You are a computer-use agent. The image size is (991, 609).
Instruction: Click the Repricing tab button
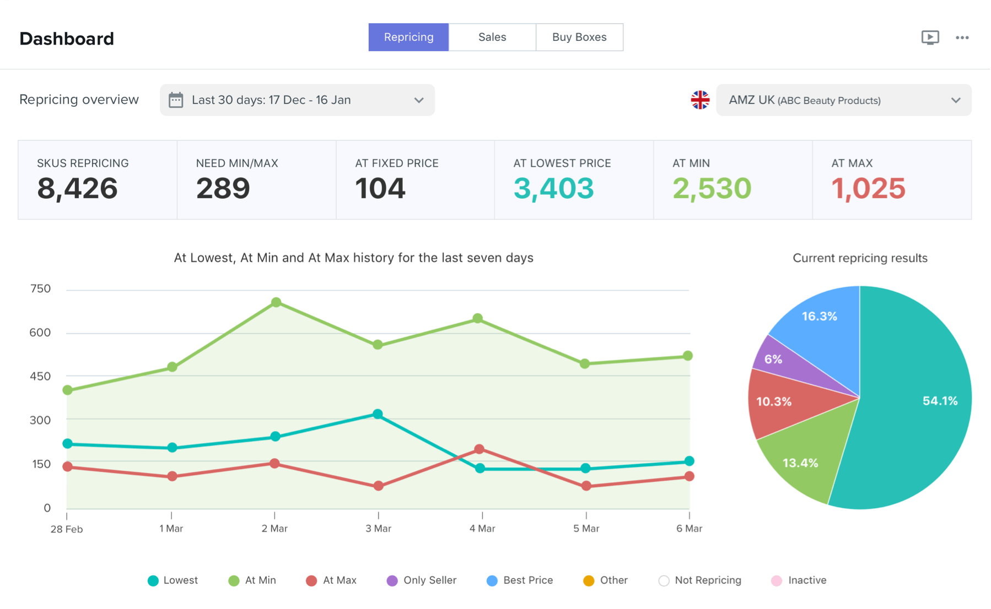[x=408, y=37]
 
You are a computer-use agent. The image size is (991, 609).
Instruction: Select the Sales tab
[x=492, y=37]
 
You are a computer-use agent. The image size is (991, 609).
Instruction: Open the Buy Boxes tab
[x=579, y=37]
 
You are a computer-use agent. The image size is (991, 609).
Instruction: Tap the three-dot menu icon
[x=962, y=37]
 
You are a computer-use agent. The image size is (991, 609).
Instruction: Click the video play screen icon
[x=930, y=37]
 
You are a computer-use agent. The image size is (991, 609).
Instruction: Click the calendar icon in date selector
[x=176, y=100]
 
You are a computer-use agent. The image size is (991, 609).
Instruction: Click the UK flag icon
[x=700, y=100]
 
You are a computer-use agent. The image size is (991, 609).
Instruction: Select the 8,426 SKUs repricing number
[x=77, y=188]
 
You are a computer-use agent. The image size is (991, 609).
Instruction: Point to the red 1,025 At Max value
[x=868, y=188]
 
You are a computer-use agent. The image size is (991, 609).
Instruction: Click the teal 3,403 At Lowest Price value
[x=553, y=188]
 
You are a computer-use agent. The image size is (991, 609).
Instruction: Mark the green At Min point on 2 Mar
[x=276, y=302]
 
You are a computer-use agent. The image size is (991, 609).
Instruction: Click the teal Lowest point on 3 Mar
[x=378, y=414]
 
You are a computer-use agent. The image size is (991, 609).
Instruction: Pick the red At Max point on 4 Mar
[x=479, y=449]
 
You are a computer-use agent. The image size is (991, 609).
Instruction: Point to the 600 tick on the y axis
[x=40, y=333]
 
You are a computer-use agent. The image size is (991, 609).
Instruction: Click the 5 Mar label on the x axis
[x=586, y=529]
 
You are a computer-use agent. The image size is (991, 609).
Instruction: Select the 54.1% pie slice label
[x=940, y=401]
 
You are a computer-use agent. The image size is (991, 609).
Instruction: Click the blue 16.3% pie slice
[x=819, y=316]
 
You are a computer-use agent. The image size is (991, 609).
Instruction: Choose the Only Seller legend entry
[x=422, y=580]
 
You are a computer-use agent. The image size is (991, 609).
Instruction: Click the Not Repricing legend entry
[x=700, y=580]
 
